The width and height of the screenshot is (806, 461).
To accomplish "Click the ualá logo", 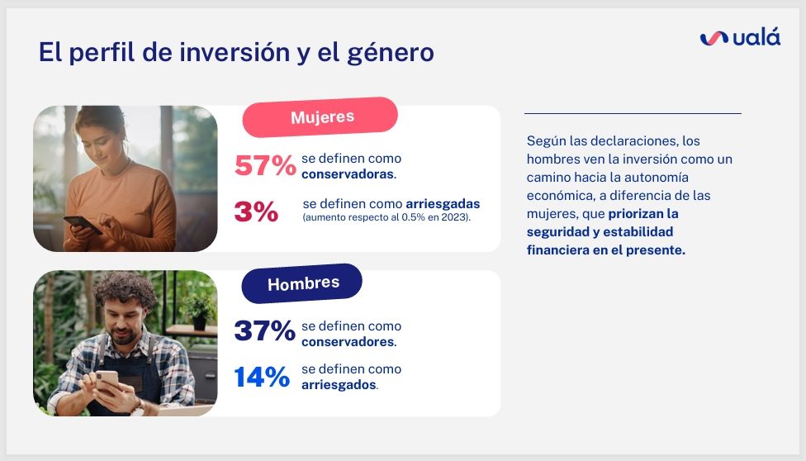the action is [x=740, y=37].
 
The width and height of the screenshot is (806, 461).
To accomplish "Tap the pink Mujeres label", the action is [x=320, y=117].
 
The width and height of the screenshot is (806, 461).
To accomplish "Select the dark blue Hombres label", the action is [x=302, y=283].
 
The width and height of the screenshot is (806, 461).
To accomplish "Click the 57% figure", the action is [x=265, y=166].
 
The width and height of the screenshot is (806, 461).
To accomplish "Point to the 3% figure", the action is [x=256, y=211].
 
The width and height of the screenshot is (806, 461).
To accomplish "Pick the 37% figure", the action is [x=265, y=330].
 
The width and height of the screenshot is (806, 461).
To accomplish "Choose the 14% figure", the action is [x=262, y=377].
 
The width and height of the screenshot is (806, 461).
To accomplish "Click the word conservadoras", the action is [x=348, y=174].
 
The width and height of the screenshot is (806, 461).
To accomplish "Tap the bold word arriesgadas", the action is [x=443, y=204].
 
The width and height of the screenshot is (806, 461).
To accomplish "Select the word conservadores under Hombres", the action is [x=348, y=342].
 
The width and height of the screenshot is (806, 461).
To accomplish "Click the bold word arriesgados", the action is [x=339, y=385].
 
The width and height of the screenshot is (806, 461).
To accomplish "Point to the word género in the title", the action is [x=390, y=53].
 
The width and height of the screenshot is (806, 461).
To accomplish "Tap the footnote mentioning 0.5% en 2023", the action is [x=386, y=217].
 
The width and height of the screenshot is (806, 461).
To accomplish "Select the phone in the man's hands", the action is [x=107, y=381].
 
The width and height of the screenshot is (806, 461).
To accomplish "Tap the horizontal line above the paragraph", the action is [x=633, y=113].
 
